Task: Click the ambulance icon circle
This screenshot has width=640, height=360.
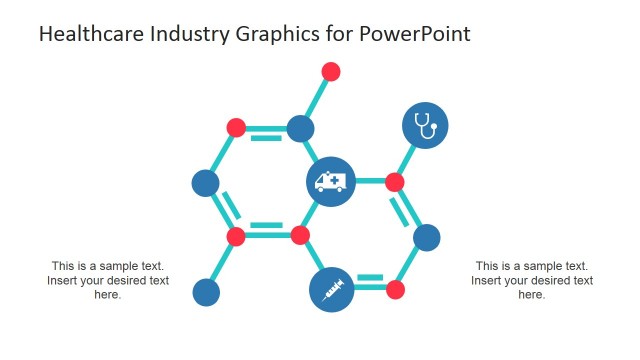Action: coord(330,182)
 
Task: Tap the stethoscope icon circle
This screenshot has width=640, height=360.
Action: coord(425,126)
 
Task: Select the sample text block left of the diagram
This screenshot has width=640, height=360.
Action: coord(108,280)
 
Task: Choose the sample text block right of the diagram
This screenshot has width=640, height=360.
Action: coord(532,280)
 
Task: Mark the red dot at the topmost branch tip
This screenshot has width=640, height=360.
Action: coord(331,71)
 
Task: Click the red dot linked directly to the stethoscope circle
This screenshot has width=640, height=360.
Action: coord(395,182)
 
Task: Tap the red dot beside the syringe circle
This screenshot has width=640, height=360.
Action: coord(395,290)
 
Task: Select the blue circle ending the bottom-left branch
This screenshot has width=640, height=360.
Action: coord(206,292)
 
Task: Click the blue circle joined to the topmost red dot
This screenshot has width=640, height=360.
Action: coord(300,128)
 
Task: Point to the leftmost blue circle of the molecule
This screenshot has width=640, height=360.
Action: coord(205,183)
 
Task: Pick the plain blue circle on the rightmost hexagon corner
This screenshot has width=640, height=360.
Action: coord(427,237)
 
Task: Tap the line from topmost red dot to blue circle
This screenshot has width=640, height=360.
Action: coord(316,99)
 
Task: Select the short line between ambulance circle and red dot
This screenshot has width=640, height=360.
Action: coord(370,182)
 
